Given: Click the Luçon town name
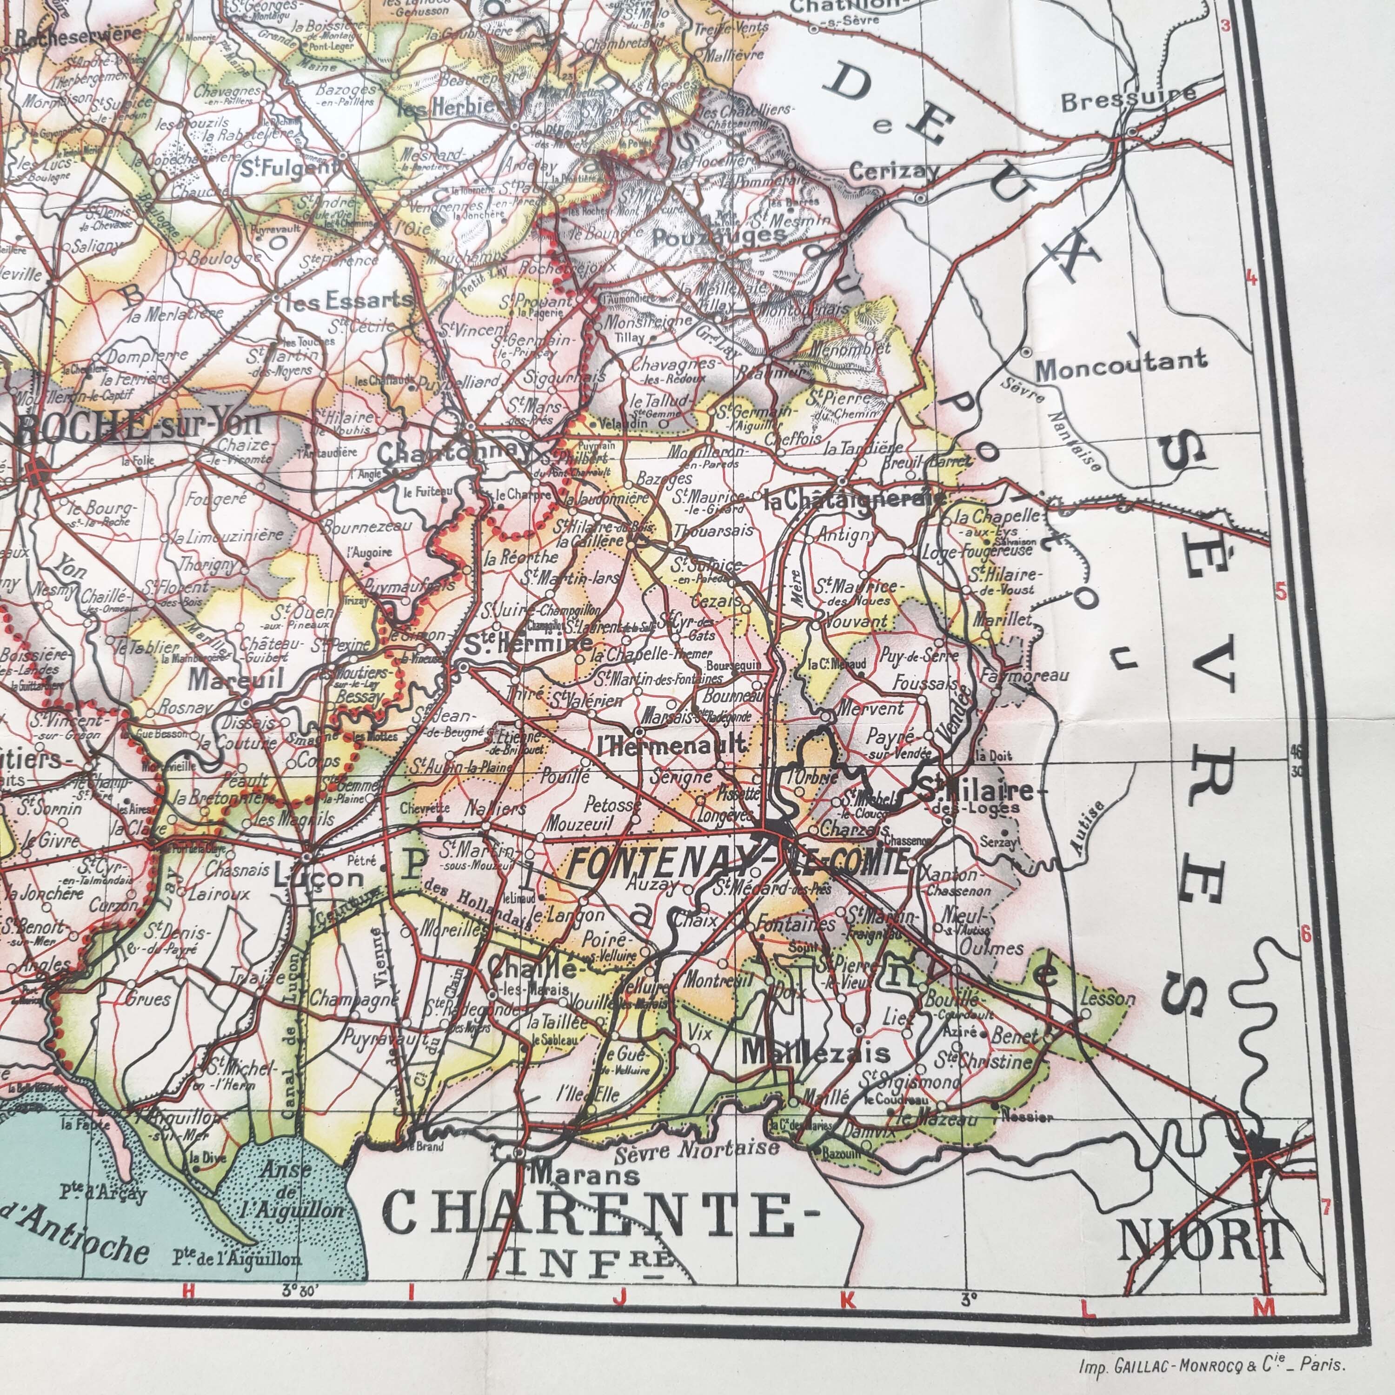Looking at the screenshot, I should tap(319, 877).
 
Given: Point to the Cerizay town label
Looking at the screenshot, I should tap(894, 173).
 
